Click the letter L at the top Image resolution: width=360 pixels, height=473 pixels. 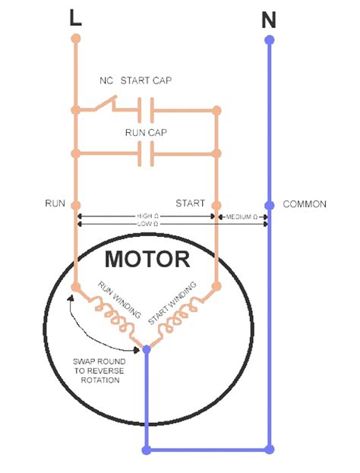74,19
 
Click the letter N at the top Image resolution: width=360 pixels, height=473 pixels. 268,20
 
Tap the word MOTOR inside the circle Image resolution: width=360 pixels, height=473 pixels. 147,260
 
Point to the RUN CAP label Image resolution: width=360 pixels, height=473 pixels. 146,132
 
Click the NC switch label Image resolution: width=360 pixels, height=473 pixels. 106,81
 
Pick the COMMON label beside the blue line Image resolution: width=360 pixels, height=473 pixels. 305,204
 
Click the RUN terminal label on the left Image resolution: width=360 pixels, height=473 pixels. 55,204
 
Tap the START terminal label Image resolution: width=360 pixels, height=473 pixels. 190,203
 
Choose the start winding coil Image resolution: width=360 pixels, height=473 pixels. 178,319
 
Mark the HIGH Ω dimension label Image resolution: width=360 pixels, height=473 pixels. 147,216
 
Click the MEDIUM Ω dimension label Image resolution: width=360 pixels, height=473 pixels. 242,217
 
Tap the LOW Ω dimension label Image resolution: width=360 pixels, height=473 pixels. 147,225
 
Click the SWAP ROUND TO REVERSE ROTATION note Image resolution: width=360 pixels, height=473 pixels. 96,370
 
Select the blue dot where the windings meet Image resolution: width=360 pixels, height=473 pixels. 147,350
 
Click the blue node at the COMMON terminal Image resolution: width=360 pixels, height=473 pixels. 269,205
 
